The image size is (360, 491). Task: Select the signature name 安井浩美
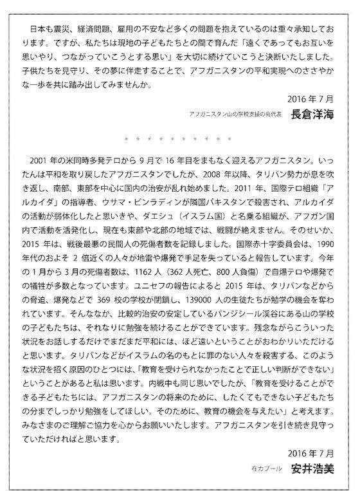(x=312, y=468)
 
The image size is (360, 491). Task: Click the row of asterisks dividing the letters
(x=180, y=138)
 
